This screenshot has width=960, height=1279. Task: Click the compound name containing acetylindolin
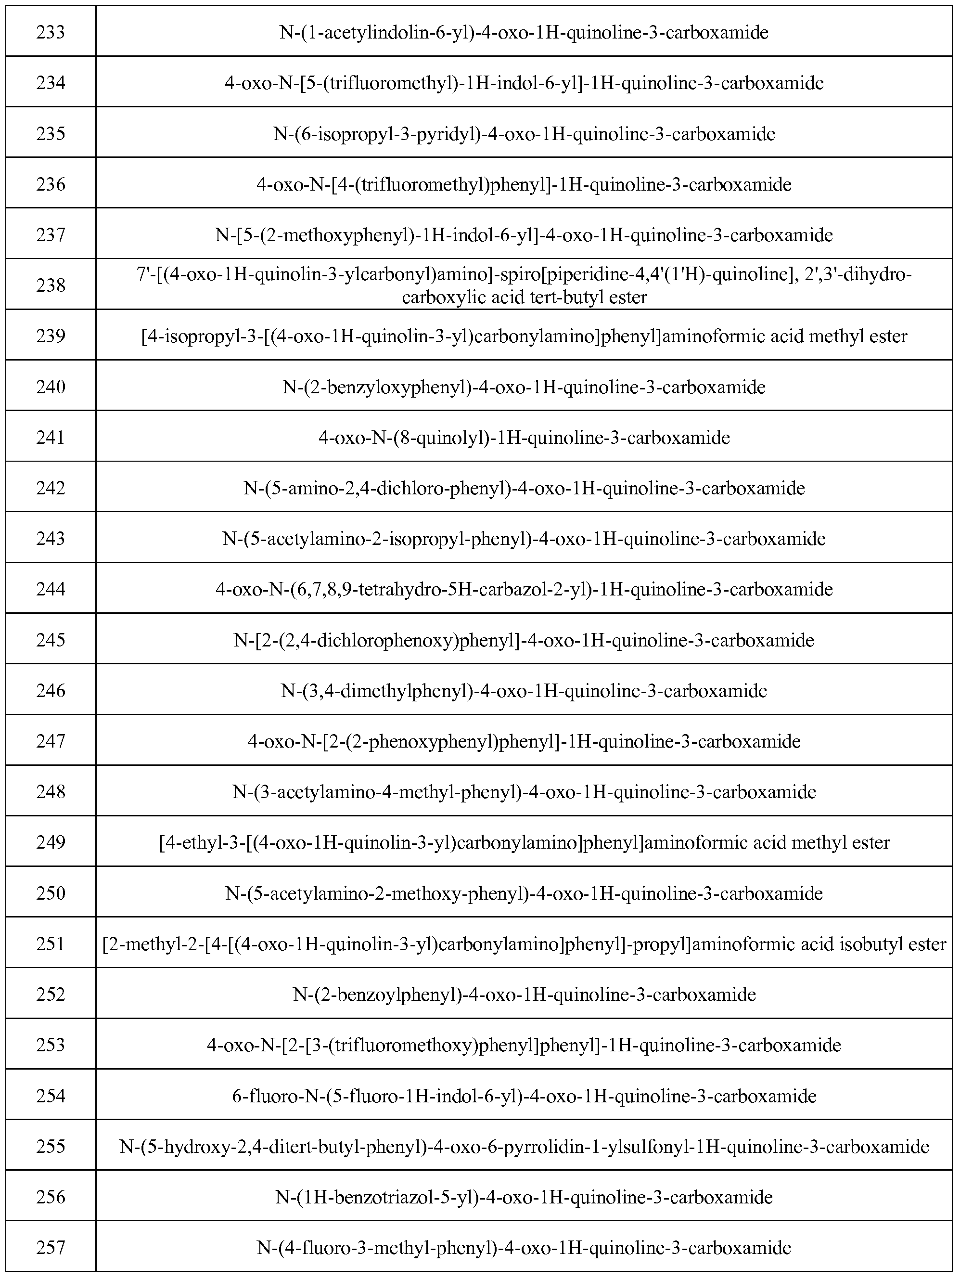[x=524, y=32]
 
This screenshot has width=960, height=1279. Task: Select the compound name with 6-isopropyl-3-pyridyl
[x=524, y=133]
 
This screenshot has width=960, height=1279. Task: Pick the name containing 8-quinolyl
[x=524, y=438]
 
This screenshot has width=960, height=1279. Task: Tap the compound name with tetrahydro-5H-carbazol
[x=524, y=589]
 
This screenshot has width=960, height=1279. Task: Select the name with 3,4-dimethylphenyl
[x=524, y=691]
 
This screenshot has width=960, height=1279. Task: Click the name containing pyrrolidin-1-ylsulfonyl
[x=524, y=1147]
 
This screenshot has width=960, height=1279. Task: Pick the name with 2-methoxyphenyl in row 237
[x=524, y=235]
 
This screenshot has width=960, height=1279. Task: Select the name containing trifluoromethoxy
[x=524, y=1046]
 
